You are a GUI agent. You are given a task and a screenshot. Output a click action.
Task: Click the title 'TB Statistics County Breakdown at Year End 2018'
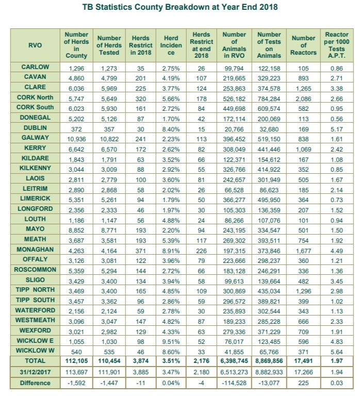pyautogui.click(x=179, y=8)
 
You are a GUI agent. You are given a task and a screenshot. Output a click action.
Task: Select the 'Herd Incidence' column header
pyautogui.click(x=171, y=45)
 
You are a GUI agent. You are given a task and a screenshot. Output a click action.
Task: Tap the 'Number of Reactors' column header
pyautogui.click(x=303, y=45)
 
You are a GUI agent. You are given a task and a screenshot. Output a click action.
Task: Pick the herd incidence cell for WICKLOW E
pyautogui.click(x=171, y=340)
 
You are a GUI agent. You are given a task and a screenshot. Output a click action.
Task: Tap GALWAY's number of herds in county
pyautogui.click(x=76, y=138)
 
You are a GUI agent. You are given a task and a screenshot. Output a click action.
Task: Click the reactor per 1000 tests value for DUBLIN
pyautogui.click(x=334, y=128)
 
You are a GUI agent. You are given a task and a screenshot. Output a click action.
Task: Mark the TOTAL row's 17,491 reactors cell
pyautogui.click(x=303, y=360)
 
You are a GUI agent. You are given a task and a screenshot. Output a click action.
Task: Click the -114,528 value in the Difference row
pyautogui.click(x=234, y=383)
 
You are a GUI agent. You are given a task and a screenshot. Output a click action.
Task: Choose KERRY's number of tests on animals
pyautogui.click(x=269, y=147)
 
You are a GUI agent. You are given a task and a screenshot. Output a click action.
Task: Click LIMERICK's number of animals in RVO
pyautogui.click(x=234, y=198)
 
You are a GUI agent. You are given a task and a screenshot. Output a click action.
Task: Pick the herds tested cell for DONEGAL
pyautogui.click(x=109, y=118)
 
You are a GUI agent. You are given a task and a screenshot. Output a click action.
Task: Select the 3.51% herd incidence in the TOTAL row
pyautogui.click(x=171, y=360)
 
